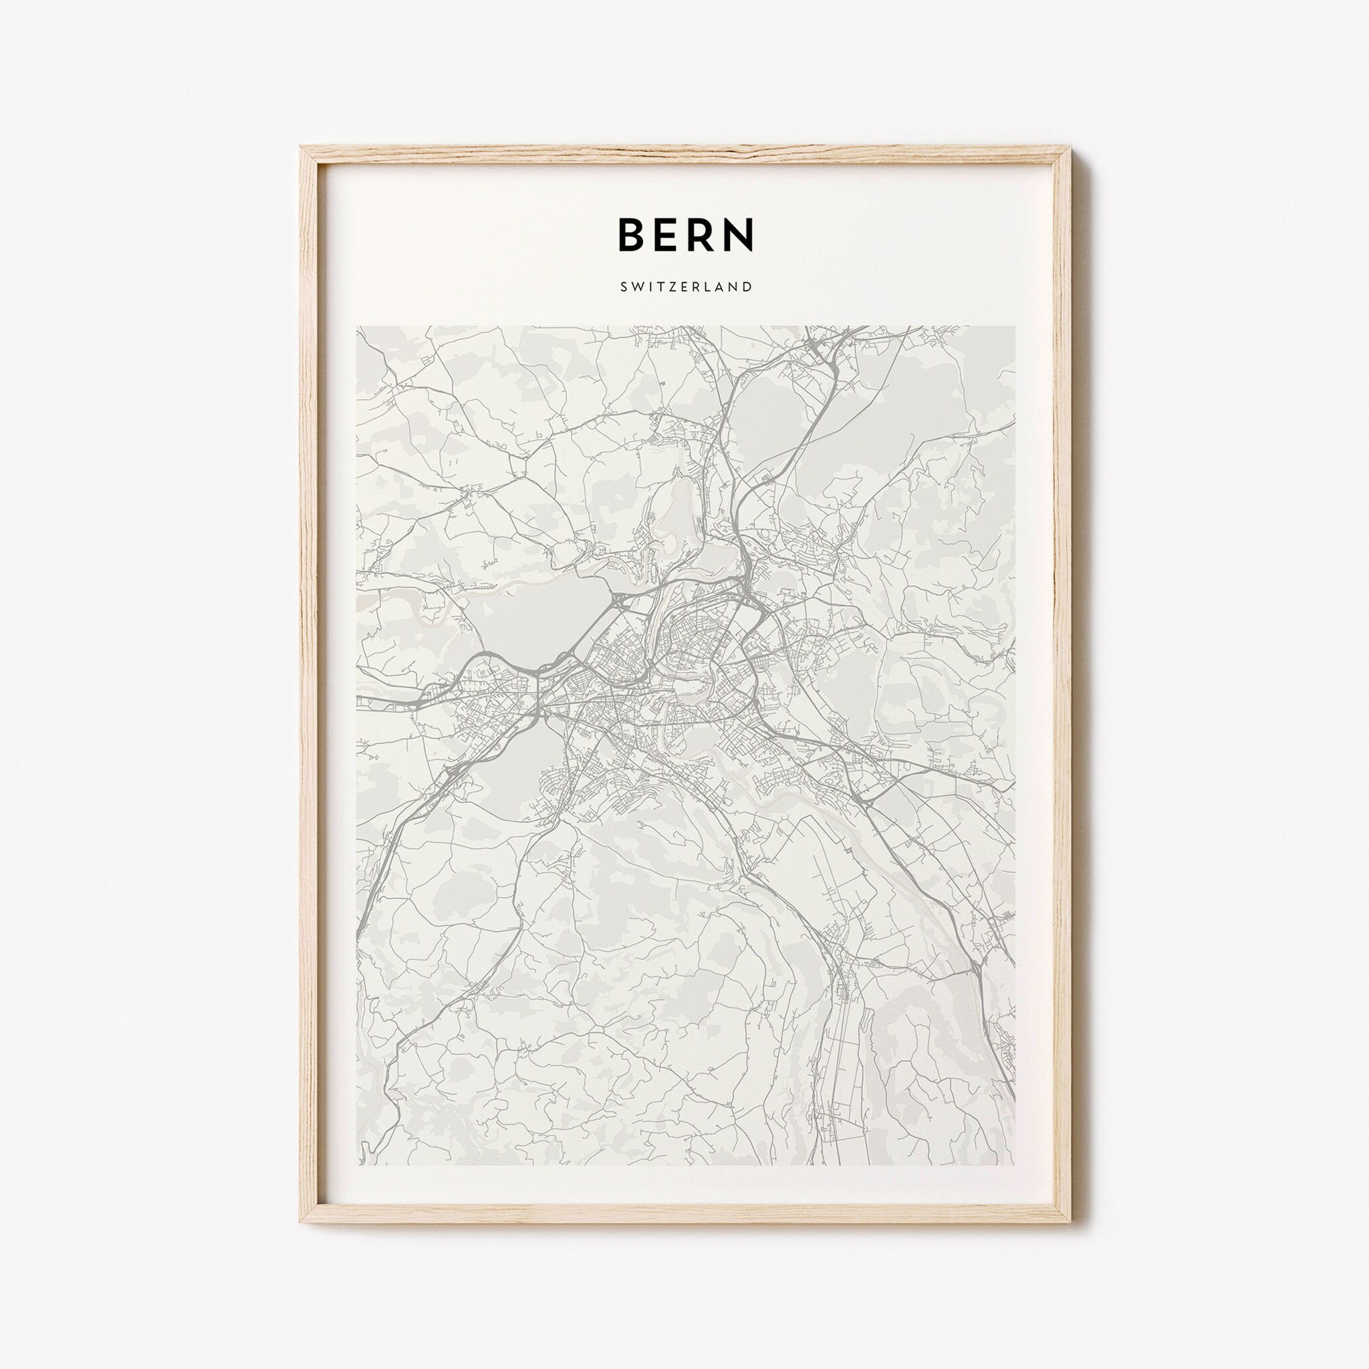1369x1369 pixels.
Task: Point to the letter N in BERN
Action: (x=739, y=233)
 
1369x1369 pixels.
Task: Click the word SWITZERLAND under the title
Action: (x=685, y=287)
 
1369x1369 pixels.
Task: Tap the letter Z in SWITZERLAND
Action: (x=674, y=287)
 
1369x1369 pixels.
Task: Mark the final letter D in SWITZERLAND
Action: (x=747, y=287)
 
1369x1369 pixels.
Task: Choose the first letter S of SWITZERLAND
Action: (x=623, y=287)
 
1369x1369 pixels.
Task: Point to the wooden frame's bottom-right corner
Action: (x=1070, y=1202)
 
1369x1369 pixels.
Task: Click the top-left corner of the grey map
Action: (x=357, y=327)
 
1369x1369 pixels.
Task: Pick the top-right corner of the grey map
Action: (x=1014, y=327)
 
